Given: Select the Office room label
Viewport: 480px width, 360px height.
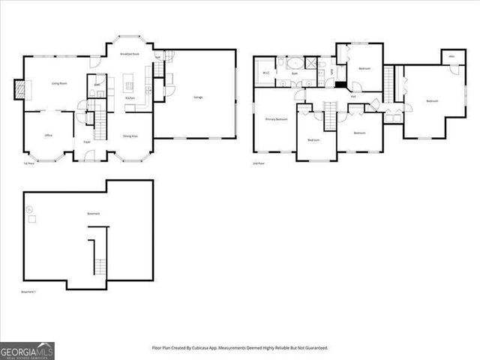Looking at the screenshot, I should [48, 136].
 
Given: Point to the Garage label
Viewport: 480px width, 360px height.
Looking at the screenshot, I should [198, 97].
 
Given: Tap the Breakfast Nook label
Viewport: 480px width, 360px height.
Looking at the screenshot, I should [130, 54].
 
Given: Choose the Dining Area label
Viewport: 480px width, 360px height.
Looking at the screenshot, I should [130, 136].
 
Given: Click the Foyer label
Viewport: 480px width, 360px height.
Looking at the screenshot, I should [87, 141].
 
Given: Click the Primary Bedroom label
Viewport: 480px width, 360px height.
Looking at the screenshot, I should [276, 119].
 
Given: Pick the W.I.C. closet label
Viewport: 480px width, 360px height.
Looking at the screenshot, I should [266, 73].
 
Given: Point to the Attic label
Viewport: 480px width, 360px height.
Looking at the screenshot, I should [451, 57].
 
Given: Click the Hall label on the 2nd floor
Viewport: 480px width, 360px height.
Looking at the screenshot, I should [352, 96].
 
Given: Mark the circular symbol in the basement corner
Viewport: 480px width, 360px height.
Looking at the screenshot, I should [30, 209].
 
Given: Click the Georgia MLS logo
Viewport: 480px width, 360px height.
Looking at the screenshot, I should [27, 351].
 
